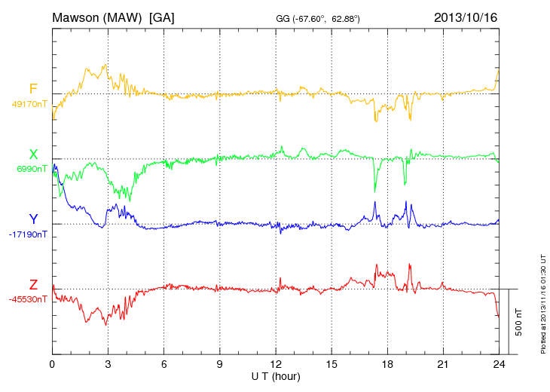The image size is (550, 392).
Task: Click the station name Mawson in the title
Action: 78,17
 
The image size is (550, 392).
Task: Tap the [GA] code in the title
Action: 162,17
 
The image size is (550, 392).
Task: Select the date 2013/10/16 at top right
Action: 466,17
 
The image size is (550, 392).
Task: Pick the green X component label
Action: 33,155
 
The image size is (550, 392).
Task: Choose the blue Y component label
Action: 33,219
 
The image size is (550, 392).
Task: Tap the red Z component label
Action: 33,284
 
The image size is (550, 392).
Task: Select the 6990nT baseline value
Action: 32,169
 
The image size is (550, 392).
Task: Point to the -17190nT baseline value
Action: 29,234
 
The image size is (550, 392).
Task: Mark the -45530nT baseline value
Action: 29,299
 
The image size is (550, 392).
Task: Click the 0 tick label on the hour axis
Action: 52,364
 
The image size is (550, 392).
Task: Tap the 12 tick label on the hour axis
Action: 276,364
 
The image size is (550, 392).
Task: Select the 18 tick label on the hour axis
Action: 387,364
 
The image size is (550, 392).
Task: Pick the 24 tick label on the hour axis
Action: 499,364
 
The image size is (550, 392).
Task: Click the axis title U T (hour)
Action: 276,376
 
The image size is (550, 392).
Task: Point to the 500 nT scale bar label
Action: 519,322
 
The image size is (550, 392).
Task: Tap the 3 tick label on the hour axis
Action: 108,364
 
